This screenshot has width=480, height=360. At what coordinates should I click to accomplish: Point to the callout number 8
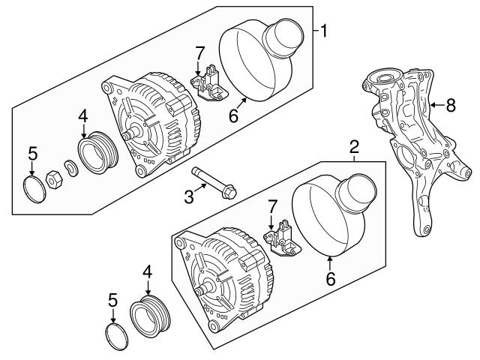pos(450,106)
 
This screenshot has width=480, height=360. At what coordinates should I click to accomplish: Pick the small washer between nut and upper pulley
pos(70,168)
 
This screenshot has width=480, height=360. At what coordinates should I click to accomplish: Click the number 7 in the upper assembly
pos(199,52)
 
